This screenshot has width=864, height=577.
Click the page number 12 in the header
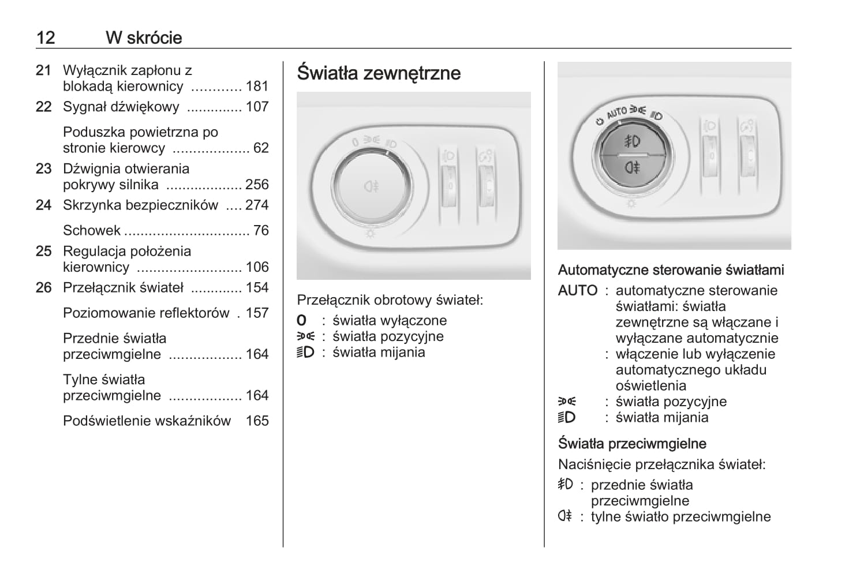pyautogui.click(x=46, y=38)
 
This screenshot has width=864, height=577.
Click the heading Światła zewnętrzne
pyautogui.click(x=379, y=73)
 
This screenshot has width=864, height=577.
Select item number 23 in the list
pyautogui.click(x=44, y=168)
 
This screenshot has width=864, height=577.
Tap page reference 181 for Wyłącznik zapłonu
pyautogui.click(x=257, y=87)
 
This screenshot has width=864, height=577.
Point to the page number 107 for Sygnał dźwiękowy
pyautogui.click(x=257, y=107)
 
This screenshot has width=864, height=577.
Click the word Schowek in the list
pyautogui.click(x=92, y=230)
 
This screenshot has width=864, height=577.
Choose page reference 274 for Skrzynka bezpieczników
pyautogui.click(x=257, y=205)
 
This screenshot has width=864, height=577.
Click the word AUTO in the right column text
pyautogui.click(x=577, y=291)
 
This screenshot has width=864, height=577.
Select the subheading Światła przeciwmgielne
pyautogui.click(x=632, y=444)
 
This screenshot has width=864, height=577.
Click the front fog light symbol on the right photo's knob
pyautogui.click(x=633, y=141)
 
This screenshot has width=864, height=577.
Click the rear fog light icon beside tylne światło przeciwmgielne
pyautogui.click(x=564, y=516)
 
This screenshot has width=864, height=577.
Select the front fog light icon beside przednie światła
pyautogui.click(x=565, y=485)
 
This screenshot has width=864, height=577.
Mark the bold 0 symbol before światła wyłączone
pyautogui.click(x=301, y=321)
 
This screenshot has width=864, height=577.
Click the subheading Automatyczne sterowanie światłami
pyautogui.click(x=671, y=270)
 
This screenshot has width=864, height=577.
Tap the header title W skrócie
pyautogui.click(x=144, y=38)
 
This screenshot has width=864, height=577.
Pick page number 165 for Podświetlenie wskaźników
pyautogui.click(x=257, y=421)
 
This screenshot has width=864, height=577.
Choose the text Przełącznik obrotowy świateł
pyautogui.click(x=390, y=300)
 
